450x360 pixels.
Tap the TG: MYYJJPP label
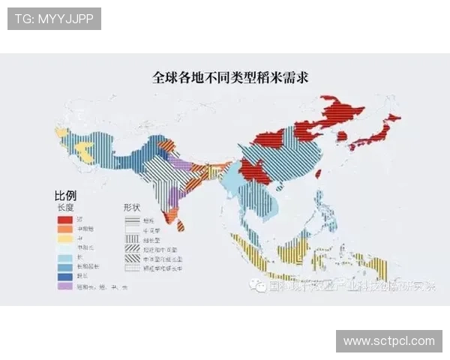click(x=54, y=18)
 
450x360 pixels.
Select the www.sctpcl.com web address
click(x=389, y=341)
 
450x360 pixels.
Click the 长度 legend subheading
click(x=66, y=207)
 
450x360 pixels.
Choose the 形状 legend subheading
click(x=133, y=207)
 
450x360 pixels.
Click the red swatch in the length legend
click(x=65, y=219)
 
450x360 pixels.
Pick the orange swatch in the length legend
click(x=65, y=229)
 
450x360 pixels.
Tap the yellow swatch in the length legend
click(x=65, y=238)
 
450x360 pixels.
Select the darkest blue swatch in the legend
click(x=65, y=276)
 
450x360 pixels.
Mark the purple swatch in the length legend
click(x=65, y=286)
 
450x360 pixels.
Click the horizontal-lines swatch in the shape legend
click(x=132, y=219)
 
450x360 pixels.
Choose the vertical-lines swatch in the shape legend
click(x=132, y=238)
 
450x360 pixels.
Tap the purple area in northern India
click(x=178, y=163)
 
